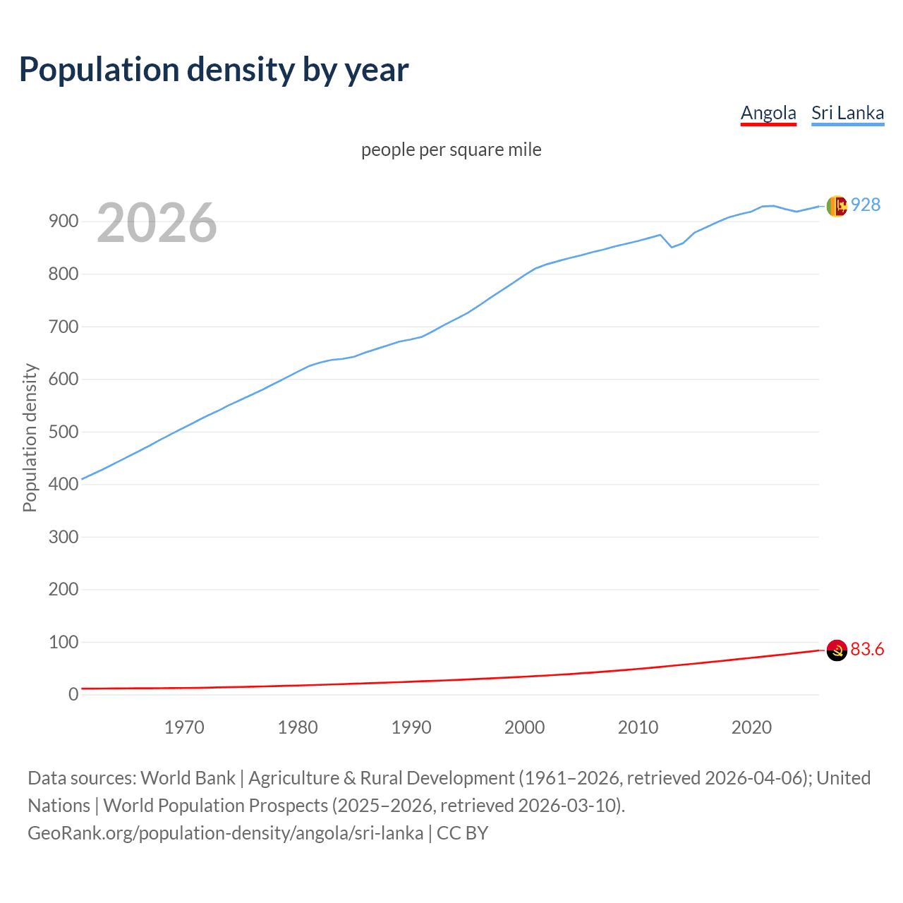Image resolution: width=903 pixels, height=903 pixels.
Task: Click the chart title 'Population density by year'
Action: [x=214, y=70]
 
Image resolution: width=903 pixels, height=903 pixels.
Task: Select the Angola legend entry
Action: [x=768, y=113]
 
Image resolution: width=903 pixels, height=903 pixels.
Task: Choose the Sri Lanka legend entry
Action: [x=847, y=113]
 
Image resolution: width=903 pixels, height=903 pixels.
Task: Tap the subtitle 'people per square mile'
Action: [x=451, y=150]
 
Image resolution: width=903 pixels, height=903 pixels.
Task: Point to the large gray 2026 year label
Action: [x=157, y=223]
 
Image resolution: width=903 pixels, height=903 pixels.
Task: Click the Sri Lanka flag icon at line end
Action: [x=836, y=206]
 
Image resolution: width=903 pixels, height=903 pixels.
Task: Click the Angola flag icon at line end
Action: [x=836, y=650]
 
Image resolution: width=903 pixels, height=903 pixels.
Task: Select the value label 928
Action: [x=866, y=205]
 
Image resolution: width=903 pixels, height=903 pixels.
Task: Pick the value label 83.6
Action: [x=867, y=649]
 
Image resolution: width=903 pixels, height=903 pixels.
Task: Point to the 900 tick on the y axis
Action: [x=63, y=222]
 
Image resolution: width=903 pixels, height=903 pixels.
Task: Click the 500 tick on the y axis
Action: [x=63, y=432]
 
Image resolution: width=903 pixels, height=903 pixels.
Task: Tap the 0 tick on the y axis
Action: [x=73, y=694]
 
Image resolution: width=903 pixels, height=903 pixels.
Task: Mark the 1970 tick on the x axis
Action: [x=184, y=727]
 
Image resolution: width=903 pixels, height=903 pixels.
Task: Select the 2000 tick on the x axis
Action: [x=524, y=727]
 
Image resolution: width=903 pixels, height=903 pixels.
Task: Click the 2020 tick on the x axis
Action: [x=751, y=727]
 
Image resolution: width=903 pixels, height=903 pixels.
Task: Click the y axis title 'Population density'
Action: [x=30, y=437]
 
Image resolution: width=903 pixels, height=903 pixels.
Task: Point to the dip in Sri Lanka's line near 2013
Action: [x=672, y=247]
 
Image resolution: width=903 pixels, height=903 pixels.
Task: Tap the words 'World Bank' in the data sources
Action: [x=188, y=778]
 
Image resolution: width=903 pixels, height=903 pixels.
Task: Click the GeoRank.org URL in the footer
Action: [x=225, y=833]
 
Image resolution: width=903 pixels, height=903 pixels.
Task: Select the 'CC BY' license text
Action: [x=462, y=833]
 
